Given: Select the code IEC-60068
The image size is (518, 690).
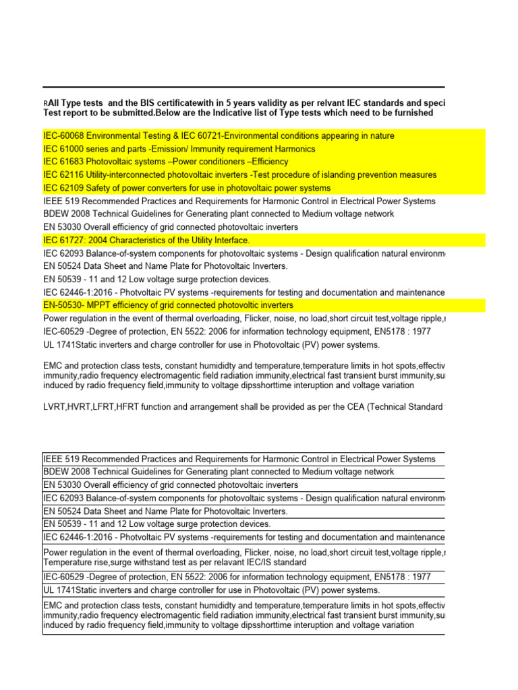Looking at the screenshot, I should [64, 136].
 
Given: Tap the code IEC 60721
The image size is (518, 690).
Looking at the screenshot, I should [198, 136].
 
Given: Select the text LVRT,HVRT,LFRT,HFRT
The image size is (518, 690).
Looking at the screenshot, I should [84, 408].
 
